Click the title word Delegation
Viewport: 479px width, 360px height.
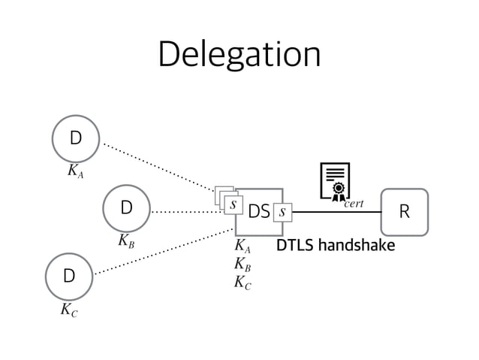coord(239,54)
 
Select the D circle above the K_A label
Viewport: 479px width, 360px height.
coord(75,139)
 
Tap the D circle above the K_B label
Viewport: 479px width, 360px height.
coord(126,207)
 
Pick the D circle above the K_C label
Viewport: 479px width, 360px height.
coord(69,276)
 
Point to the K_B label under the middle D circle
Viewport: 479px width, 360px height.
coord(127,241)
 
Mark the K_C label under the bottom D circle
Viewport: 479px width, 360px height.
coord(69,309)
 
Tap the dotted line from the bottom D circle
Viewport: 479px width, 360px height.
coord(161,251)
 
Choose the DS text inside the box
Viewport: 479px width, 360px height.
coord(258,213)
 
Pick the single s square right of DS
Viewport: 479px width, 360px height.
coord(282,213)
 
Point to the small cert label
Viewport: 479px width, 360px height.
coord(354,204)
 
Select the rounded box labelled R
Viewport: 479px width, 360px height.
coord(404,212)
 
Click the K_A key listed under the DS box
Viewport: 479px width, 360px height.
coord(243,247)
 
